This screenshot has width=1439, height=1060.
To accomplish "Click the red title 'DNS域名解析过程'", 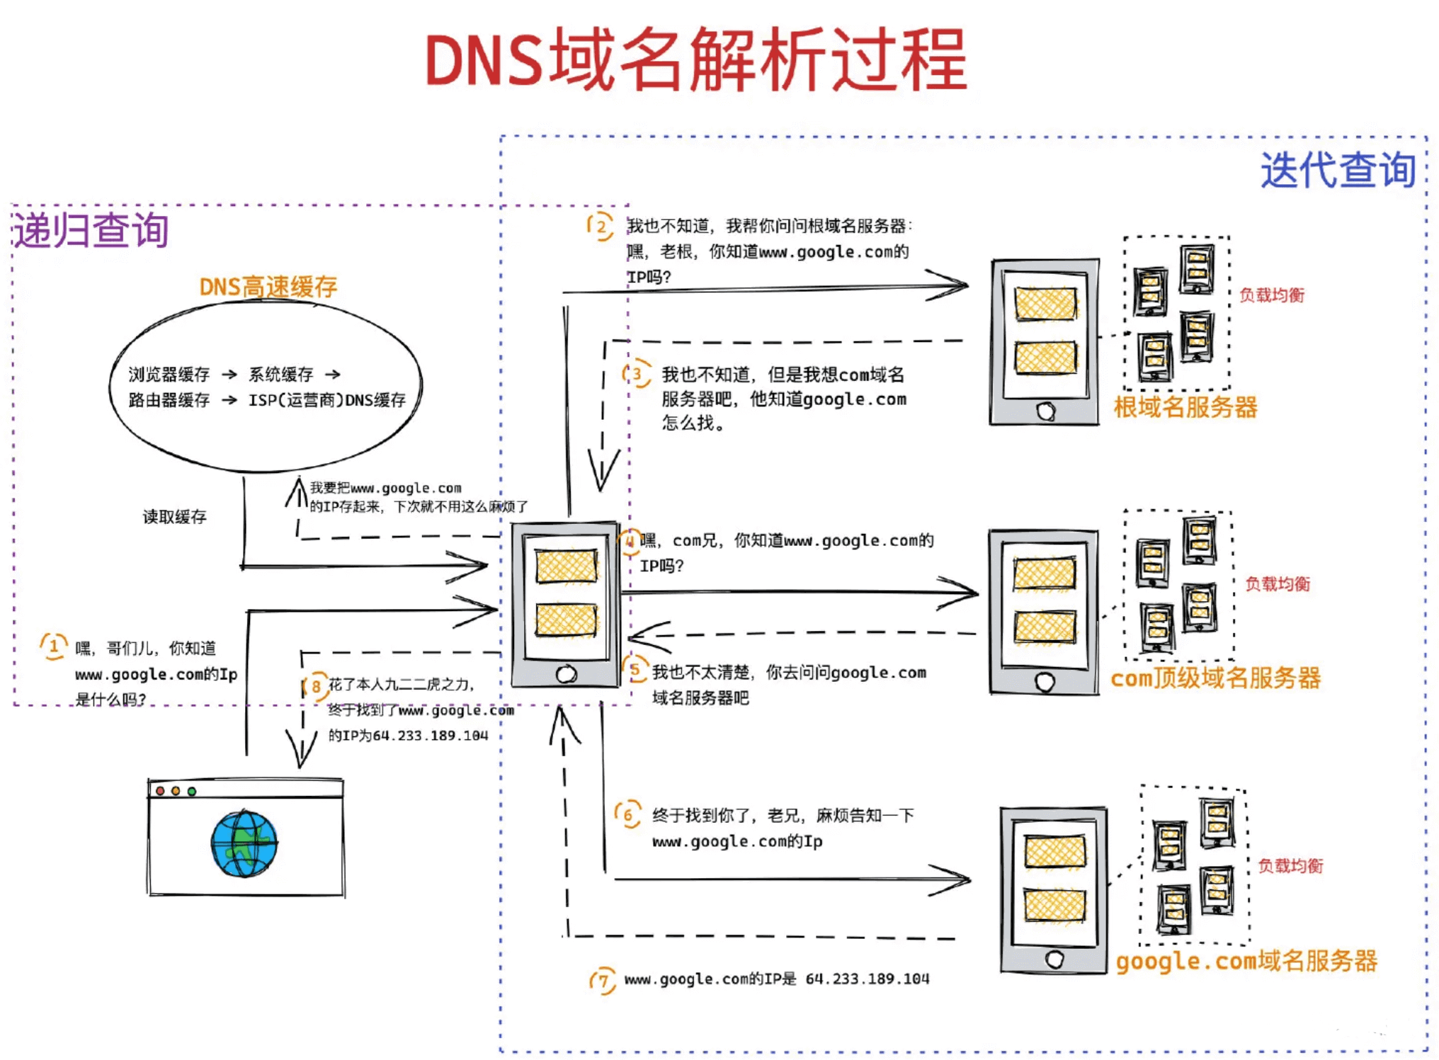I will (695, 60).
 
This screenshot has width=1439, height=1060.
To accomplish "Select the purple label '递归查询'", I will (91, 230).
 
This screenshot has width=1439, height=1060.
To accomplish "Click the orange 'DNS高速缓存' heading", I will (268, 287).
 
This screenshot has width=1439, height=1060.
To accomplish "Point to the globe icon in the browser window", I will (244, 843).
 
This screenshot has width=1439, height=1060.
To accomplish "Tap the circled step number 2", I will (601, 227).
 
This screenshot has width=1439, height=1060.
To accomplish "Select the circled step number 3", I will (637, 374).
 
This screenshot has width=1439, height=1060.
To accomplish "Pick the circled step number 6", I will (627, 815).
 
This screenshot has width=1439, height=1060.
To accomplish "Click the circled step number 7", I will (603, 981).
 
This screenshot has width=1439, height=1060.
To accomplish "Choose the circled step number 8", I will (316, 685).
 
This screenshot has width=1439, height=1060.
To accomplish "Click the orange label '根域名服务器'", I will (1185, 407).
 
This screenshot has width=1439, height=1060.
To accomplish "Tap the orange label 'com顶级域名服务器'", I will (1215, 678).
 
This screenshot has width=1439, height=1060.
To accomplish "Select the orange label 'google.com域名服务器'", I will (1246, 961).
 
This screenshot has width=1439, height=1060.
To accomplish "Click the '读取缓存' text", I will (174, 517).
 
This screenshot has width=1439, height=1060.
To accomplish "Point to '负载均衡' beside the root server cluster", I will (1271, 295).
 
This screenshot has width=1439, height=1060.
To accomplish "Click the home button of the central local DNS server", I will (566, 674).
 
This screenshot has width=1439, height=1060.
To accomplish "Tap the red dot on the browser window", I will (161, 791).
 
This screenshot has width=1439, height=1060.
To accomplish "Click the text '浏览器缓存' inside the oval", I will (169, 374).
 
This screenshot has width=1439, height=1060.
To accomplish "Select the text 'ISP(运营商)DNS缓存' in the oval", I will (326, 400).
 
